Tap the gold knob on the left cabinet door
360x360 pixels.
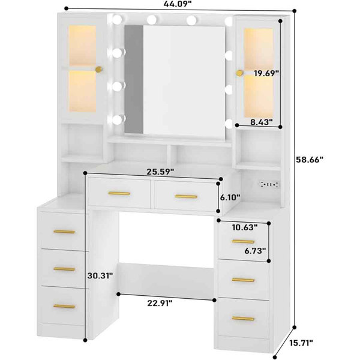[x=100, y=70]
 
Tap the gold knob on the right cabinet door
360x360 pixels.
[x=239, y=73]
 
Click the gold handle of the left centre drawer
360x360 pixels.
[x=119, y=193]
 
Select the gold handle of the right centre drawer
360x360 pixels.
[x=185, y=196]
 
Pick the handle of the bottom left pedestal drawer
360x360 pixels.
[x=64, y=306]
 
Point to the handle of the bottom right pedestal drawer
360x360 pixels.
[x=243, y=318]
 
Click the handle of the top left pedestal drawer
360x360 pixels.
[x=64, y=232]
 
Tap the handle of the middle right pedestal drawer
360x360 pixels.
[x=243, y=280]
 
